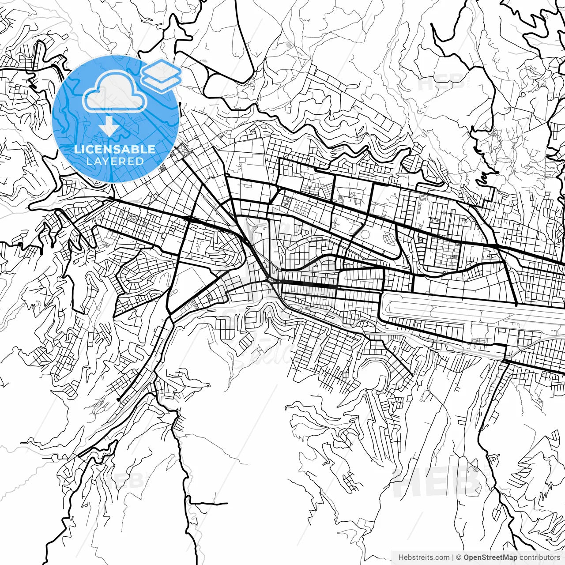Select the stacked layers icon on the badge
click(162, 75)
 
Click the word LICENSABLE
click(115, 149)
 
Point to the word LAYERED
click(115, 161)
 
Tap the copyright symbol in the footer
click(459, 557)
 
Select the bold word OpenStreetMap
click(490, 557)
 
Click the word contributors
click(539, 557)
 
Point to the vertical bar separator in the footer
click(453, 557)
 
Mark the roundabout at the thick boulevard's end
click(270, 279)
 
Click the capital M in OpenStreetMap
click(508, 557)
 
